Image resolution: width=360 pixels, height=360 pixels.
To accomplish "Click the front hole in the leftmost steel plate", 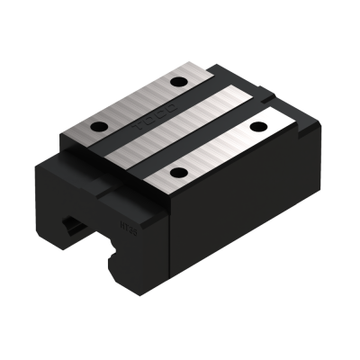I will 102,123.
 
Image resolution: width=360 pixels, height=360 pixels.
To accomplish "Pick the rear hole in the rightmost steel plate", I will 263,125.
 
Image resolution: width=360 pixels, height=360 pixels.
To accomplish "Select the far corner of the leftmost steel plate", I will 202,66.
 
